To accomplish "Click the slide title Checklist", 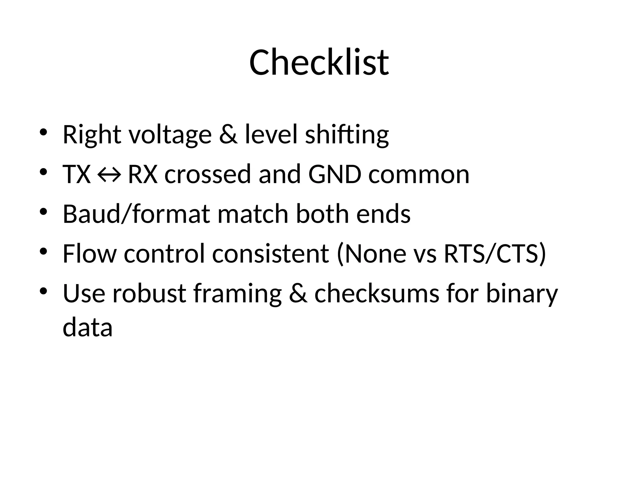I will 319,62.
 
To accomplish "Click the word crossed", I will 208,174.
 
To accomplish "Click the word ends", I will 383,214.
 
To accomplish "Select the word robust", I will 149,294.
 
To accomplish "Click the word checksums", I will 377,294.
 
